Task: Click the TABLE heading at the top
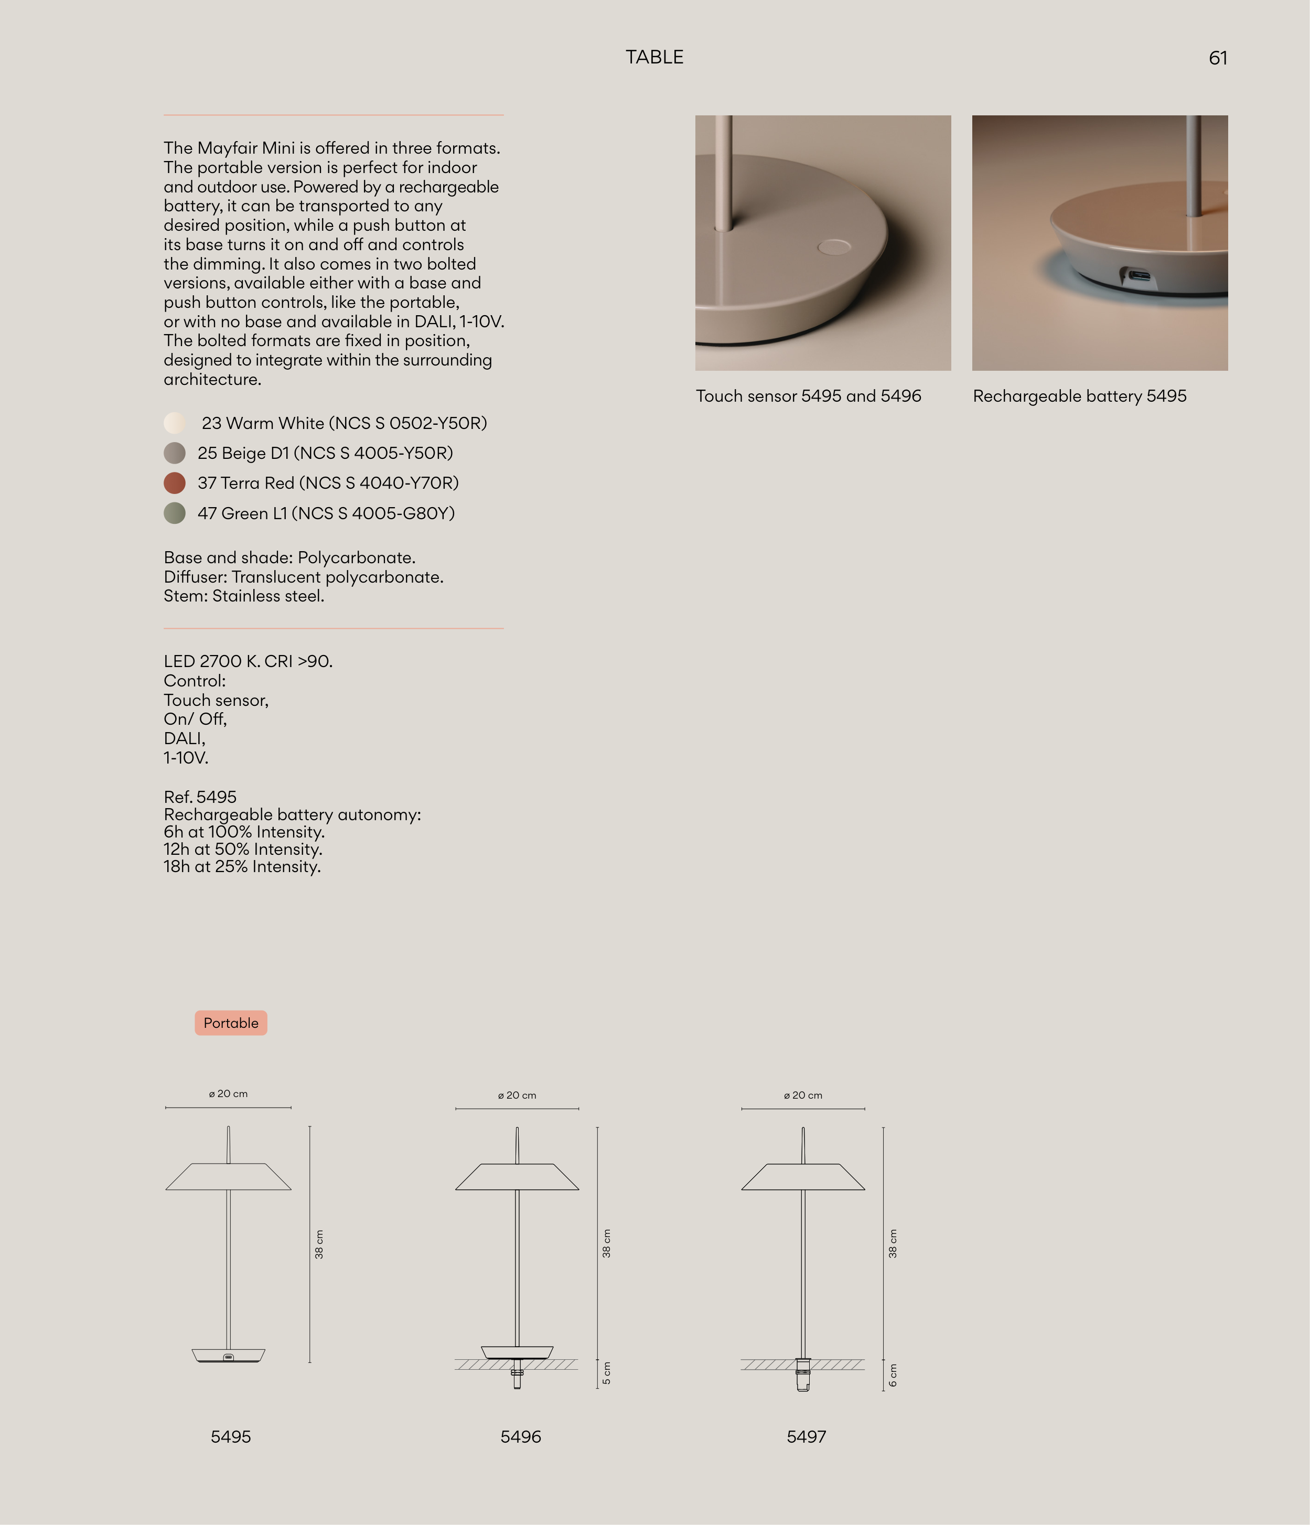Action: pos(654,57)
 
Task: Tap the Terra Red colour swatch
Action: pos(175,483)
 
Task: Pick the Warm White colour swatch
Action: pos(175,423)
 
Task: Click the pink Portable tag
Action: pos(230,1023)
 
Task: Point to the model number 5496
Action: pos(520,1437)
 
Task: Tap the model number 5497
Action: pos(807,1437)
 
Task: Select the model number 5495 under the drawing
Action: pos(230,1437)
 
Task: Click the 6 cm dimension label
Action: pos(893,1375)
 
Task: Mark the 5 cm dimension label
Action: pos(606,1373)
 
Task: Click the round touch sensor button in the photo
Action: pos(834,246)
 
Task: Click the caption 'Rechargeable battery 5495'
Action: pos(1080,396)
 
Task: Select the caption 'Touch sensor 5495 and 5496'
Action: pos(808,396)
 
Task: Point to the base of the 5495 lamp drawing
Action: pos(228,1355)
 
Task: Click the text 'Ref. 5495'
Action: pos(200,797)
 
